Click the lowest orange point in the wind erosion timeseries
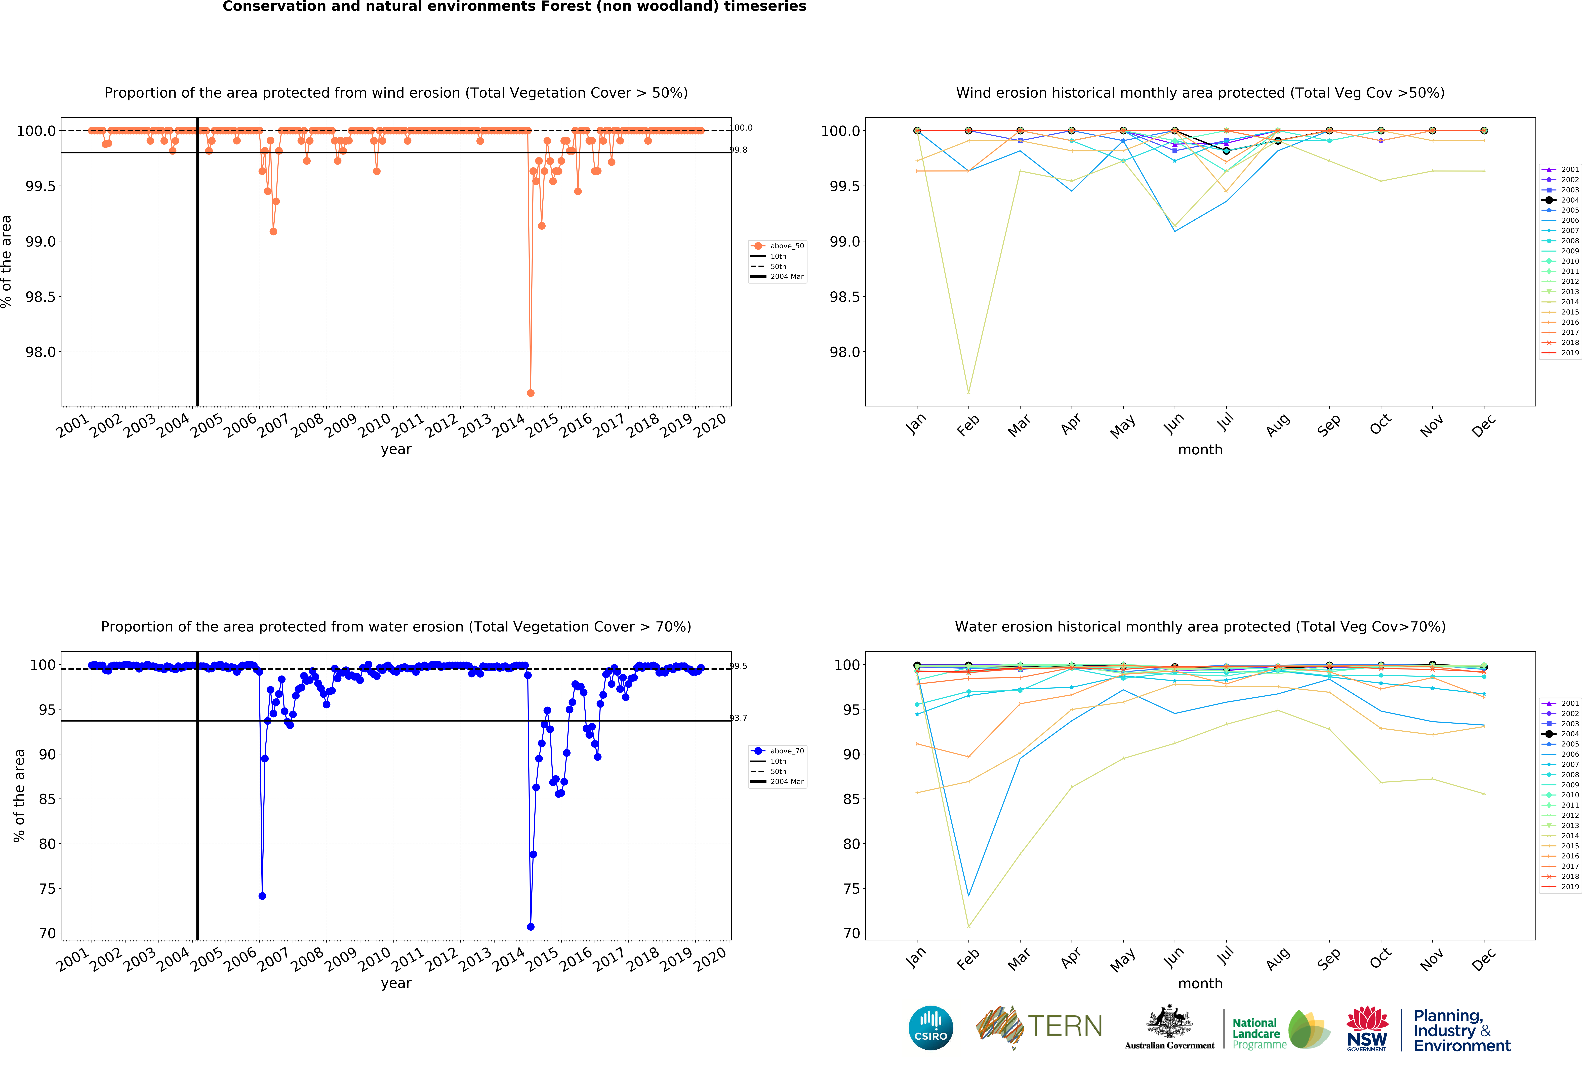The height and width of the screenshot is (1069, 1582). (530, 393)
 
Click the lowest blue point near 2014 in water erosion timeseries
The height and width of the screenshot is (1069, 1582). (530, 927)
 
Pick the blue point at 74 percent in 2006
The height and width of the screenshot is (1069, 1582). (262, 896)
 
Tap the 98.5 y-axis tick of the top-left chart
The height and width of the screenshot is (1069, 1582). (41, 297)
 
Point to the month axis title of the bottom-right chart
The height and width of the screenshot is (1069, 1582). (1200, 983)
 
